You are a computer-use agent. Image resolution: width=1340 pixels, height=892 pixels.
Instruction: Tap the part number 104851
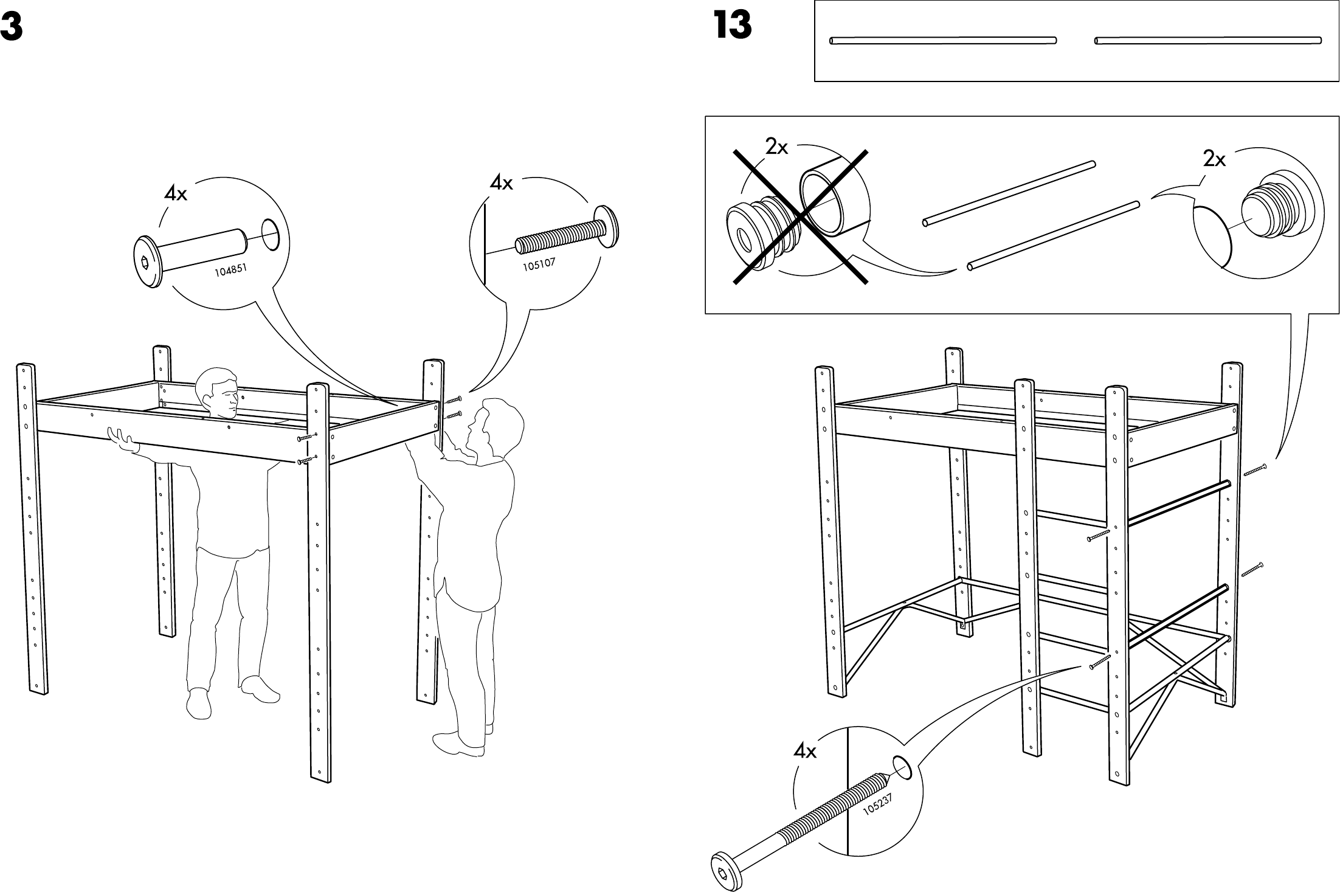click(x=231, y=269)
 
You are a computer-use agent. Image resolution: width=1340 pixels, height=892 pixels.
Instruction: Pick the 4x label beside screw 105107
click(x=501, y=183)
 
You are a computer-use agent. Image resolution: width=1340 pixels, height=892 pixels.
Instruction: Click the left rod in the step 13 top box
click(x=943, y=41)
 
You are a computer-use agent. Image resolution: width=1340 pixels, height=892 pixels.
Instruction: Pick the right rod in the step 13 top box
click(x=1207, y=41)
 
